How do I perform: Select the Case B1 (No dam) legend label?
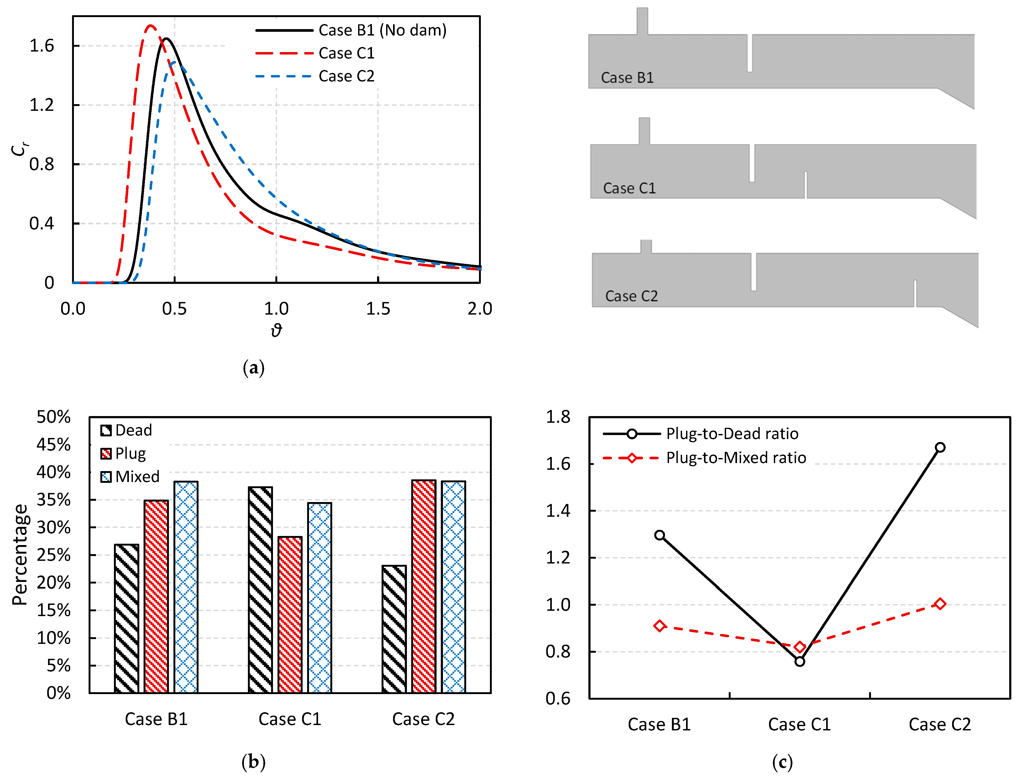pos(382,30)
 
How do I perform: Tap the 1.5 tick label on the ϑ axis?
pos(378,309)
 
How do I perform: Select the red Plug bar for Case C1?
pos(290,614)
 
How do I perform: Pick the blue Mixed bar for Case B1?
pos(186,587)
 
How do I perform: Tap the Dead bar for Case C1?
pos(260,590)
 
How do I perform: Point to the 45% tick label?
pos(54,445)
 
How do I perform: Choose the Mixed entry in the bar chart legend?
pos(137,477)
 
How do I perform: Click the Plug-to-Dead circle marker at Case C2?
pos(940,448)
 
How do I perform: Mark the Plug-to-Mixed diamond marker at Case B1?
pos(659,626)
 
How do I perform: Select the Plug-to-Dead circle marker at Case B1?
pos(659,535)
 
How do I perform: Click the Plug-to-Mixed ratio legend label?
pos(736,458)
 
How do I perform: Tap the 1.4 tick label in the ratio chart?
pos(558,511)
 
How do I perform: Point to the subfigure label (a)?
pos(253,368)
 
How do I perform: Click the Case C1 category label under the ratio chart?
pos(799,724)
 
